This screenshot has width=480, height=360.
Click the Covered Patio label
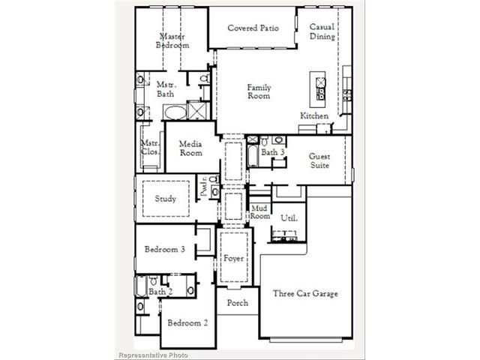click(253, 28)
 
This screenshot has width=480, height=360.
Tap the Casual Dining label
click(322, 31)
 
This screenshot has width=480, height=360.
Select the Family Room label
click(259, 91)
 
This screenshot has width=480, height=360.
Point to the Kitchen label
click(314, 115)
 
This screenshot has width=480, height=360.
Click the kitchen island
click(317, 89)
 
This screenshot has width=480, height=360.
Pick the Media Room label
click(190, 148)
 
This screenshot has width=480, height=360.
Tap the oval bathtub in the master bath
click(175, 112)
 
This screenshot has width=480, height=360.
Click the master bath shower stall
click(198, 110)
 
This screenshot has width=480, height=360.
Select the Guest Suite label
click(319, 160)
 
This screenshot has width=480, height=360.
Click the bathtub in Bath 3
click(253, 155)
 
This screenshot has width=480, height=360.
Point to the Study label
click(165, 199)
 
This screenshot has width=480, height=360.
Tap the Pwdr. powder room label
click(204, 187)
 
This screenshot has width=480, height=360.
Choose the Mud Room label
click(260, 212)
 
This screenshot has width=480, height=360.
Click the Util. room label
click(289, 218)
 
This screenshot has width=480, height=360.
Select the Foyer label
click(233, 258)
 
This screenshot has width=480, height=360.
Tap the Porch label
click(238, 303)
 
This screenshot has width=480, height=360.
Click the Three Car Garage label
click(305, 293)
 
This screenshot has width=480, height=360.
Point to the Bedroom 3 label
click(165, 249)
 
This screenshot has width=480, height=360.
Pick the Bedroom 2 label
click(187, 322)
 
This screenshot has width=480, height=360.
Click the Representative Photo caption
click(153, 355)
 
